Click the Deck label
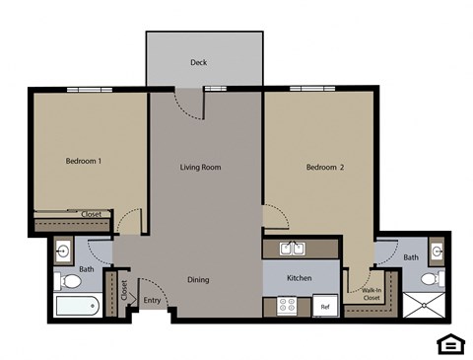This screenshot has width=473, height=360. pyautogui.click(x=199, y=63)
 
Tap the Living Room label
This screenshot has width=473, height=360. pyautogui.click(x=200, y=168)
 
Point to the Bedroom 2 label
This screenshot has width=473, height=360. pyautogui.click(x=325, y=168)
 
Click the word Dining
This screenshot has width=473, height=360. pyautogui.click(x=198, y=280)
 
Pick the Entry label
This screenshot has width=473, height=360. pyautogui.click(x=152, y=301)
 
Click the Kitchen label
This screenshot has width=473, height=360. pyautogui.click(x=300, y=278)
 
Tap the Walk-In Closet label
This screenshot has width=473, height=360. pyautogui.click(x=372, y=294)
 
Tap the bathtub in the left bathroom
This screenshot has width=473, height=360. pyautogui.click(x=76, y=307)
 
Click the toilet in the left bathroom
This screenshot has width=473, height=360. pyautogui.click(x=69, y=281)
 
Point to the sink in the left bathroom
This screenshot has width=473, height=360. pyautogui.click(x=64, y=251)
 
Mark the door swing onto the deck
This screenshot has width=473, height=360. pyautogui.click(x=187, y=103)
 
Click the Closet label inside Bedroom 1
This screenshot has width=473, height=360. pyautogui.click(x=92, y=214)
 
